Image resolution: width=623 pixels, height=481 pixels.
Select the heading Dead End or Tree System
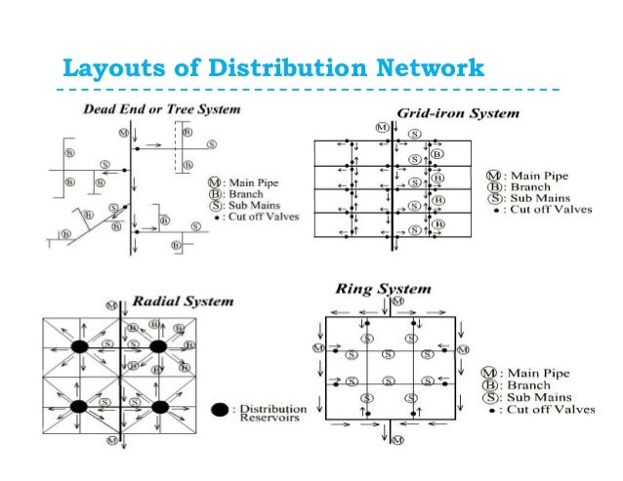[161, 109]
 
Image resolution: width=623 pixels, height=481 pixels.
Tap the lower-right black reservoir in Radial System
[161, 405]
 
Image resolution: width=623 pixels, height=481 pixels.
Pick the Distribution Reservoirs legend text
[272, 416]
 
